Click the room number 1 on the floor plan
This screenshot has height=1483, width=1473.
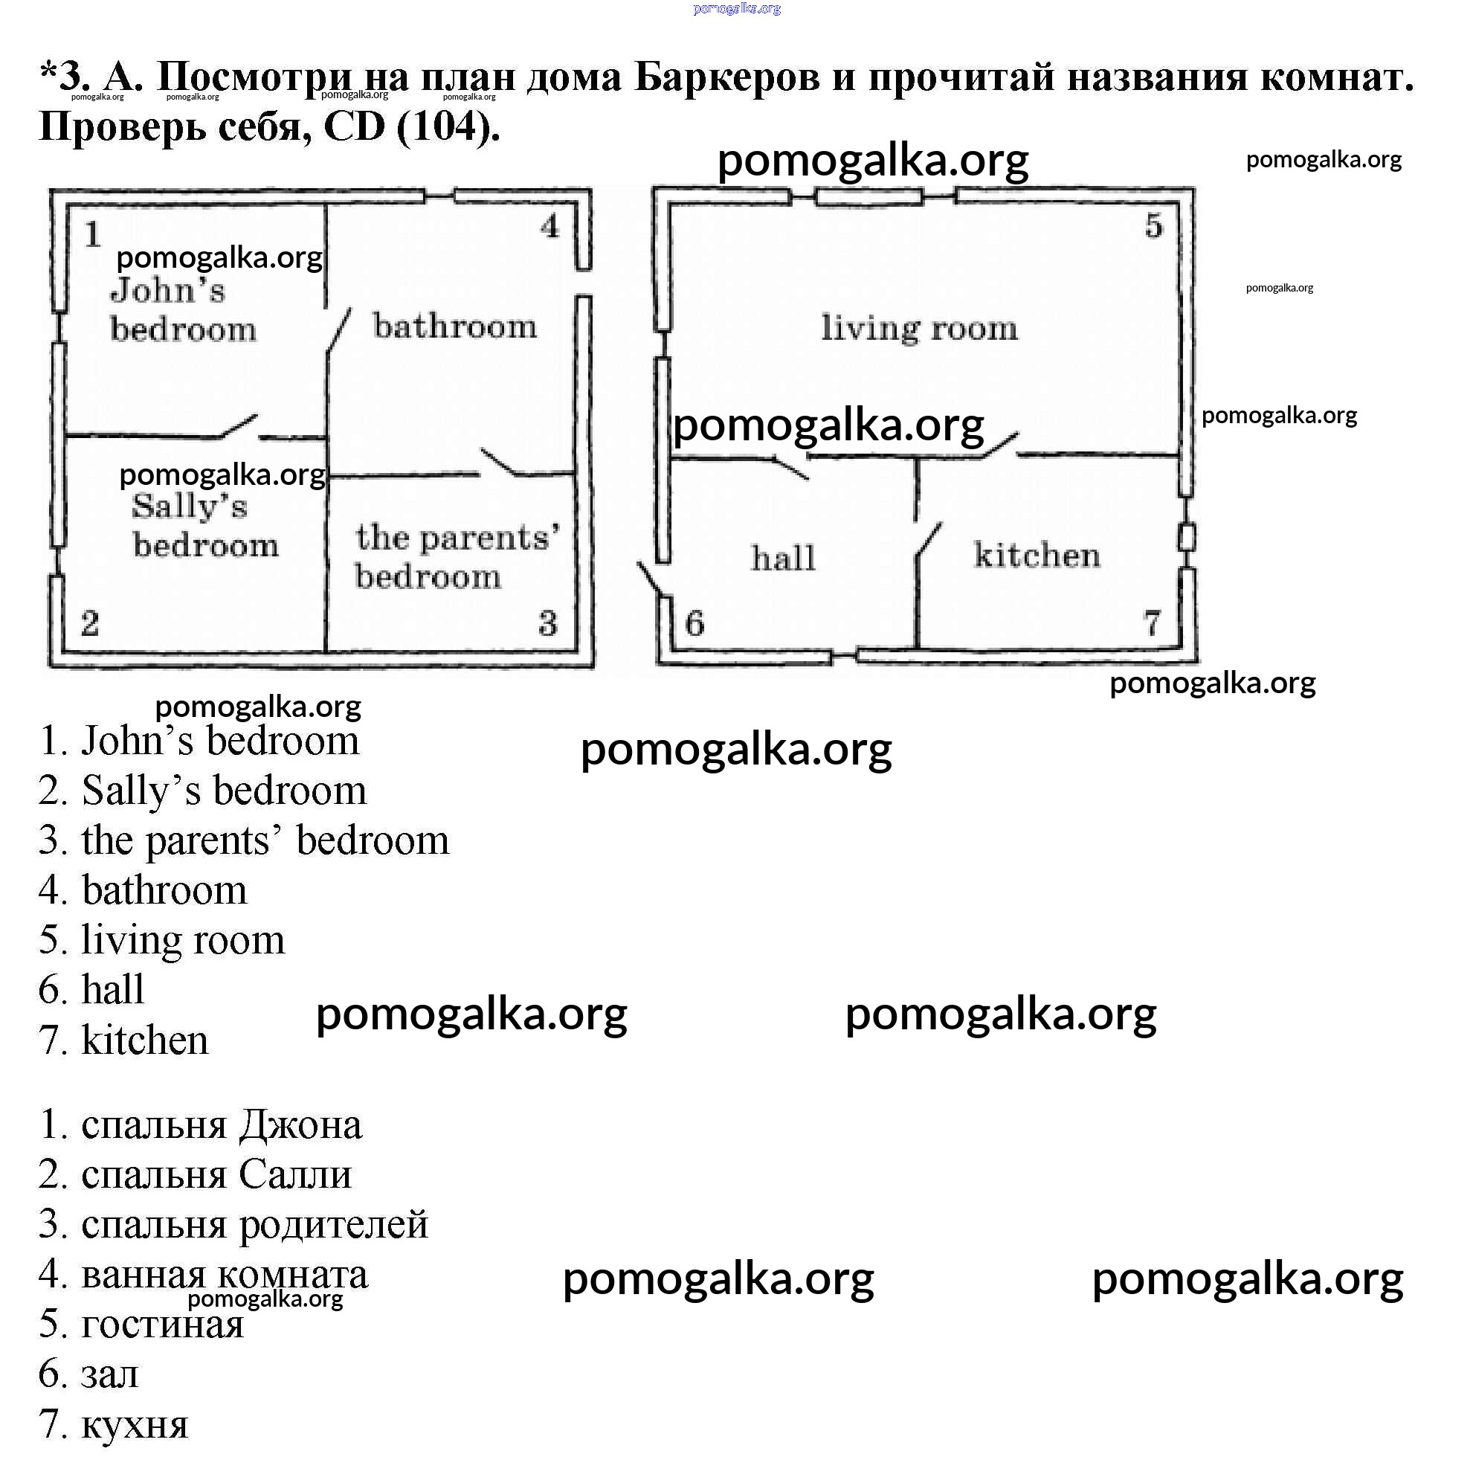(x=93, y=234)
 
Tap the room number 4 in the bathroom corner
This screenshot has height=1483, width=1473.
(x=549, y=226)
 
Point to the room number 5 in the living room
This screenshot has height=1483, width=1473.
(x=1154, y=225)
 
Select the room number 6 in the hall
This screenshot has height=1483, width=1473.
(x=694, y=623)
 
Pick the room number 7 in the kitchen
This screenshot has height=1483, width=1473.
(x=1152, y=623)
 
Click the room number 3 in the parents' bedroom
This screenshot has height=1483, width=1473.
(x=548, y=623)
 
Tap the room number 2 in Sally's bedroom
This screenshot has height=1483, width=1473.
(x=90, y=623)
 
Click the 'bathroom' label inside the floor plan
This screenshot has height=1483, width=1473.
(x=455, y=327)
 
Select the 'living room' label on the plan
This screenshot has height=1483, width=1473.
(x=920, y=329)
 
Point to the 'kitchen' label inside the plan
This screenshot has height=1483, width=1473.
(x=1037, y=555)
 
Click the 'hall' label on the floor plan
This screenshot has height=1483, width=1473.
(x=783, y=558)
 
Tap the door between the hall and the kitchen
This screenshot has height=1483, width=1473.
(x=927, y=542)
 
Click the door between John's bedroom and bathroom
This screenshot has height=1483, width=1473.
(x=338, y=330)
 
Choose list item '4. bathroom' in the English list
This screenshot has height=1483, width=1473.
(x=144, y=890)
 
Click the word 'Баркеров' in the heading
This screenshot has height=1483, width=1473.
(x=726, y=77)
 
